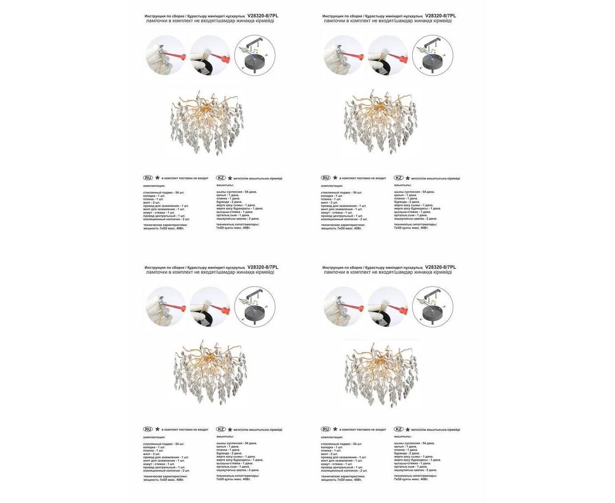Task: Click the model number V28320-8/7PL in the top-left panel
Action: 263,16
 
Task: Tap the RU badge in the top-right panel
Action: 326,178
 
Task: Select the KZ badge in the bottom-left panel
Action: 221,429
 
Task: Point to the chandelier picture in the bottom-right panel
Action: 381,373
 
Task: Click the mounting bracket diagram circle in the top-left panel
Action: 255,55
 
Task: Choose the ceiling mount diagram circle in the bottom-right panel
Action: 433,307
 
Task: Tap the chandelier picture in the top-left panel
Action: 207,122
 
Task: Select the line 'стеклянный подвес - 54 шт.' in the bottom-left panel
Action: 164,444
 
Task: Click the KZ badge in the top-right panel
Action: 399,178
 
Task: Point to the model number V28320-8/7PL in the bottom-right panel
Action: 441,267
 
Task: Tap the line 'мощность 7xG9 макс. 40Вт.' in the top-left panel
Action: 164,228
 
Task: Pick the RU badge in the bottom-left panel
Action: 148,429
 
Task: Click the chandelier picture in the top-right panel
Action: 381,122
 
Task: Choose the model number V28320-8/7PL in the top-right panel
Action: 441,16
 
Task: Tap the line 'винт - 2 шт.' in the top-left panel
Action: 152,202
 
